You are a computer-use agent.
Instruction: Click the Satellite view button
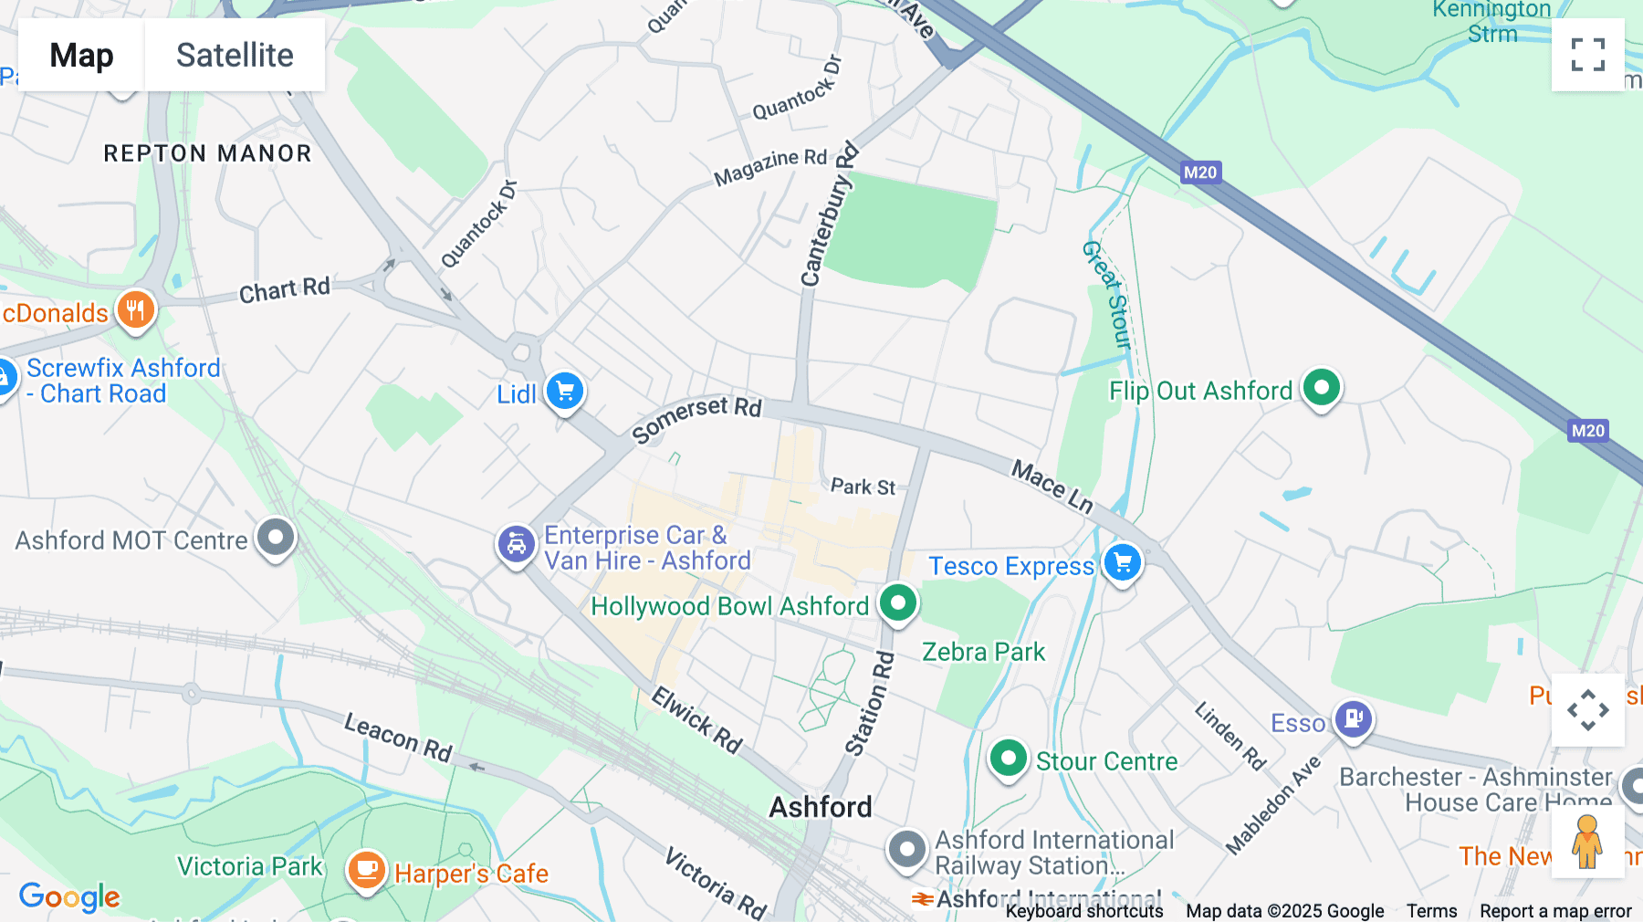[235, 56]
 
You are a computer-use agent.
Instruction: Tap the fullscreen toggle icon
[1587, 55]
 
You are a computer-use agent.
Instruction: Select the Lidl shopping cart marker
[565, 392]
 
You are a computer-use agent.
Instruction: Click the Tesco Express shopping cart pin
[1122, 563]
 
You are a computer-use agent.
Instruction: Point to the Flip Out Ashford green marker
[1321, 388]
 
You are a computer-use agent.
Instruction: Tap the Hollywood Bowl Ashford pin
[898, 603]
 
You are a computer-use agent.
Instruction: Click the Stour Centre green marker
[1009, 759]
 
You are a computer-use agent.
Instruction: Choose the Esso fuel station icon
[1353, 719]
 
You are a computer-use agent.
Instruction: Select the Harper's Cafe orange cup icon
[366, 869]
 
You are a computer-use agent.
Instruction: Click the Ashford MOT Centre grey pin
[276, 538]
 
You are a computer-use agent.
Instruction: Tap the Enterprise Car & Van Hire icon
[516, 545]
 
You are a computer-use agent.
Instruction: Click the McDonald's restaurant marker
[135, 310]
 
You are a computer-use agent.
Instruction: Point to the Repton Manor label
[207, 153]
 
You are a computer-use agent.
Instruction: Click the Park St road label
[863, 487]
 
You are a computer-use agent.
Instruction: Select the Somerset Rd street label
[696, 417]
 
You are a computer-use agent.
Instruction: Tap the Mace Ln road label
[1052, 487]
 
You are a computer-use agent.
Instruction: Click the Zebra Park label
[983, 652]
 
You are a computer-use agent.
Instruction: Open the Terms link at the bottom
[1431, 910]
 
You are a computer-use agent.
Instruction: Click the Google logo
[69, 896]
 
